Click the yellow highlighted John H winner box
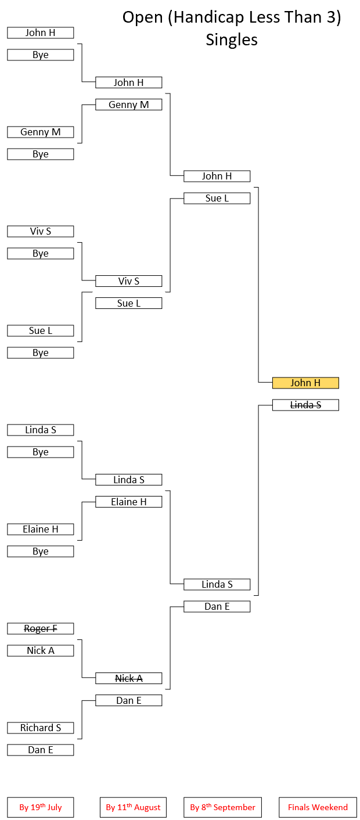305,383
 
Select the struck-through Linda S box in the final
305,405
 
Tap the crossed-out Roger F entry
41,628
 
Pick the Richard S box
41,728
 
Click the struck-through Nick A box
129,678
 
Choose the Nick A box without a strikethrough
41,650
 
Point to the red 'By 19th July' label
41,807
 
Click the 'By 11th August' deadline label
134,807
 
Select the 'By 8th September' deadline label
223,807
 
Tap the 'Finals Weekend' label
318,807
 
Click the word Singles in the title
232,39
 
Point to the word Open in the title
142,18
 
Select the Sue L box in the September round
217,198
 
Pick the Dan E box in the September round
217,606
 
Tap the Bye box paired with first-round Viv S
41,253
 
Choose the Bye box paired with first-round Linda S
41,452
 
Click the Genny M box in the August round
129,105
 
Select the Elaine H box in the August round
129,502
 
